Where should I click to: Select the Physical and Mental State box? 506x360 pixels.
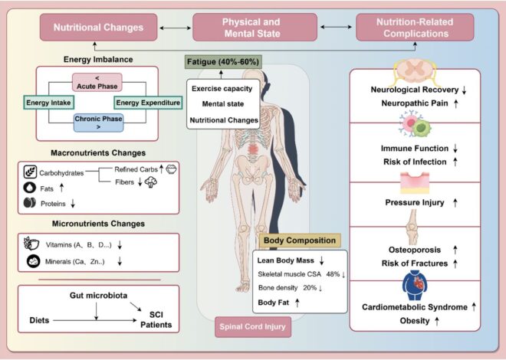pos(251,28)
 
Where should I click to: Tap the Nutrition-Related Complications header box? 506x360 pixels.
pos(409,28)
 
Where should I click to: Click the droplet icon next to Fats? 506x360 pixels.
pos(29,187)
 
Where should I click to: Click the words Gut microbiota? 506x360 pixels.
pos(94,295)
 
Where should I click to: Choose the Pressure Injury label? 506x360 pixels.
pos(414,203)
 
